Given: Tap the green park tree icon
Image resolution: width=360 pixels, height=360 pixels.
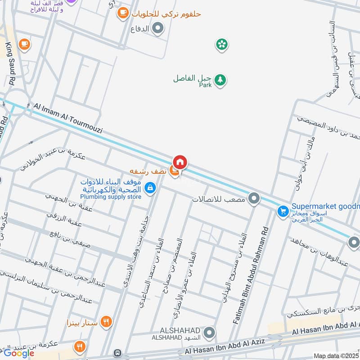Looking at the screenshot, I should pos(220,80).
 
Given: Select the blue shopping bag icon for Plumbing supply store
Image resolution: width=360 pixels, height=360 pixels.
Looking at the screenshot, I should pos(151,188).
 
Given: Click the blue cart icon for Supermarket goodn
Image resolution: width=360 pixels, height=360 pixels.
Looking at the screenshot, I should pos(283,211).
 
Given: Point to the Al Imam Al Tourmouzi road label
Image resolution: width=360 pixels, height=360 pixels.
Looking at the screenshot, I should pos(68,118).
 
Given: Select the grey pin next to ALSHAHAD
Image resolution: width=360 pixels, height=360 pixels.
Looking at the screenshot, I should pos(208,333).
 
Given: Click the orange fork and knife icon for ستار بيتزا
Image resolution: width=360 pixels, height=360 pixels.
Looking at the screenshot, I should pos(106,322).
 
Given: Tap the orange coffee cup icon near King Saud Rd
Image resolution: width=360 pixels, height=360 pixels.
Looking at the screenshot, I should pos(24,44).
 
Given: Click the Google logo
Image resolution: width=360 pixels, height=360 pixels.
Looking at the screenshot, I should pos(19,353).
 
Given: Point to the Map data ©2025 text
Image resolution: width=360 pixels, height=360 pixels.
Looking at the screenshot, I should pos(336,356).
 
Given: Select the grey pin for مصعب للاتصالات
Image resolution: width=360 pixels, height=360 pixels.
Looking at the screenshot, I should pos(254,198).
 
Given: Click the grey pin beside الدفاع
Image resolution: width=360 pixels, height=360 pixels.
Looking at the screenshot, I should pos(158,30).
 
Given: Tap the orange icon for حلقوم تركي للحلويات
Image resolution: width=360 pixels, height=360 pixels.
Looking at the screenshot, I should pos(122,14).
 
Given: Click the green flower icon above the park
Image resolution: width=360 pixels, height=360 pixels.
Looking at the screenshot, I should pos(221,44).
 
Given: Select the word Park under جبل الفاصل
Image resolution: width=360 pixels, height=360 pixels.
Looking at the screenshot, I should pos(205,85).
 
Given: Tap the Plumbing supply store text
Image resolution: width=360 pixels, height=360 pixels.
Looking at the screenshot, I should pos(111,197).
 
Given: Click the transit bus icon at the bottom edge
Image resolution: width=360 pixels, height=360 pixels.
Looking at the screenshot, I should pos(118,353).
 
